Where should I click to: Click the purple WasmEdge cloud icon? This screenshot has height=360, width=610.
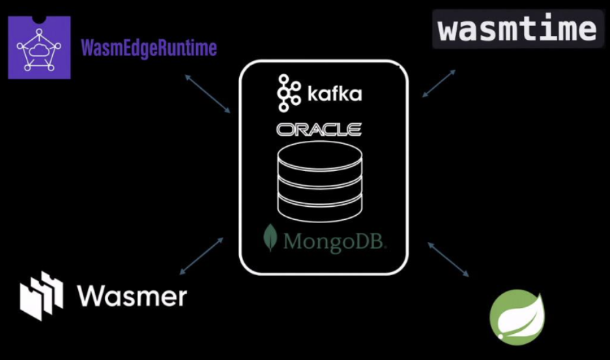[39, 47]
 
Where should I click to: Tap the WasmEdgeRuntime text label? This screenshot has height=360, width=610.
[149, 48]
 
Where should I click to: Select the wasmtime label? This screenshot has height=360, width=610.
[517, 29]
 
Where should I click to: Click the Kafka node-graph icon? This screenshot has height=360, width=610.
[287, 93]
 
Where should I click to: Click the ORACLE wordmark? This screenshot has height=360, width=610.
[319, 130]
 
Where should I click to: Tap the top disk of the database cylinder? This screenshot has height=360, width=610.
[319, 153]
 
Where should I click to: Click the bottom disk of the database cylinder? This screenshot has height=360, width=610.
[319, 207]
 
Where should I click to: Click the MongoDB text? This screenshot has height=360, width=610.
[335, 242]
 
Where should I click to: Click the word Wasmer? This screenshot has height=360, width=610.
[132, 296]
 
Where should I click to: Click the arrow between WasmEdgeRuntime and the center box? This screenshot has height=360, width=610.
[207, 93]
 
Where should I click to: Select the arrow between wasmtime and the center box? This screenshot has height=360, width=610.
[439, 83]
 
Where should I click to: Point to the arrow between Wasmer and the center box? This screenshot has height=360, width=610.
[201, 256]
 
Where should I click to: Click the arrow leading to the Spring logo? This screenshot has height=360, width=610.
[448, 258]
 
